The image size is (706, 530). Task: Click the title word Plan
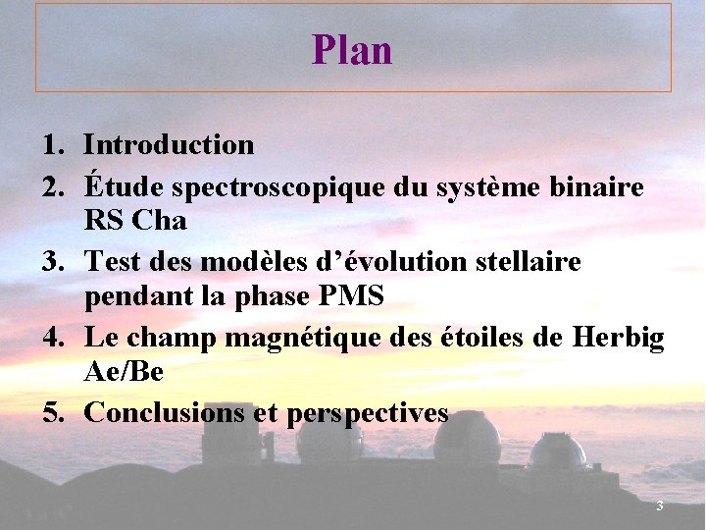pyautogui.click(x=352, y=50)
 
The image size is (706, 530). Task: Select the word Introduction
pyautogui.click(x=169, y=145)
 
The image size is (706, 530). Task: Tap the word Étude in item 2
pyautogui.click(x=115, y=186)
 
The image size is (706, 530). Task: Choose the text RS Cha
pyautogui.click(x=135, y=221)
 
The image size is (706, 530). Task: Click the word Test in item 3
pyautogui.click(x=113, y=262)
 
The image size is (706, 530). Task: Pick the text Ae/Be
pyautogui.click(x=124, y=372)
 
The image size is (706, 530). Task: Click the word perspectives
pyautogui.click(x=367, y=414)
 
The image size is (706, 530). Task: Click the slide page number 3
pyautogui.click(x=660, y=506)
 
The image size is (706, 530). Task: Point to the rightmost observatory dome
pyautogui.click(x=557, y=454)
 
